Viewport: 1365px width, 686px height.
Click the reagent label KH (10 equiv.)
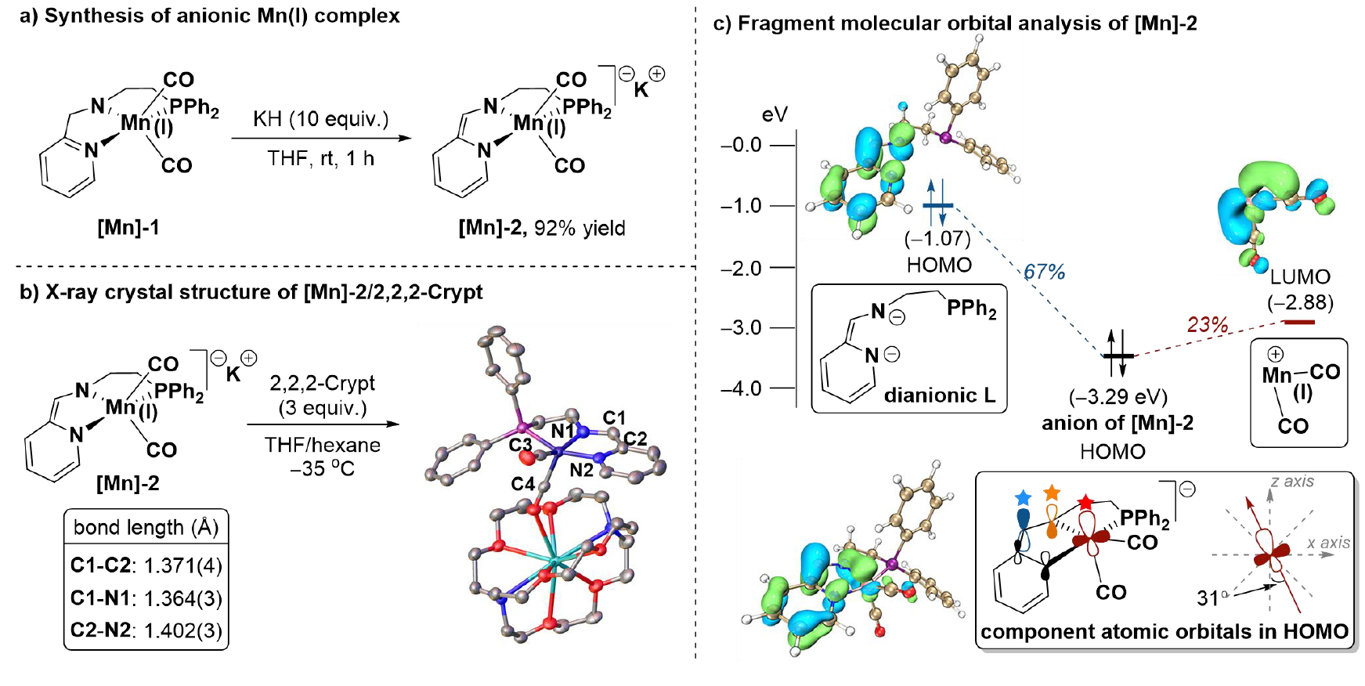(x=320, y=119)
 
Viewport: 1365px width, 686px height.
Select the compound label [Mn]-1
(x=128, y=227)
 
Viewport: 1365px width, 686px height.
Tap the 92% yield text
(x=580, y=228)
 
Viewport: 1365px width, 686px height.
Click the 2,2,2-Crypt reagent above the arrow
(x=322, y=383)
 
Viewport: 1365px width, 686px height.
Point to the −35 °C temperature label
(x=322, y=469)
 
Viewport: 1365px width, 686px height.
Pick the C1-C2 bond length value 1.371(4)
(x=183, y=565)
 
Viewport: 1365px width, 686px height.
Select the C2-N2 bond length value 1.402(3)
(x=183, y=630)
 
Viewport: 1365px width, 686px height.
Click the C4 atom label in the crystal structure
(x=522, y=484)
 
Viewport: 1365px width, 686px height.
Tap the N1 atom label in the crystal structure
(x=562, y=431)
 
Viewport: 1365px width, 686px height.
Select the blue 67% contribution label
(x=1044, y=272)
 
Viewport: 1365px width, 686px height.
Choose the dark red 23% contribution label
(x=1207, y=324)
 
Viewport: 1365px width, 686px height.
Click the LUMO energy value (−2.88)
(x=1300, y=302)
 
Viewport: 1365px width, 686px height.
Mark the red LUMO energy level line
(x=1299, y=321)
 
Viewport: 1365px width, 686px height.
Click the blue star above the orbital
(x=1022, y=497)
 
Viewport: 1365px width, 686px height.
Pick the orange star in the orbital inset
(x=1051, y=493)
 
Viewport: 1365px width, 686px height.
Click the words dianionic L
(x=939, y=395)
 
